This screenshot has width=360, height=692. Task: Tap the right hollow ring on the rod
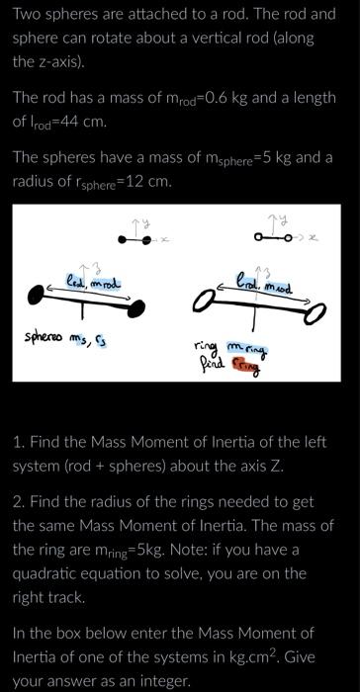pos(317,312)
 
